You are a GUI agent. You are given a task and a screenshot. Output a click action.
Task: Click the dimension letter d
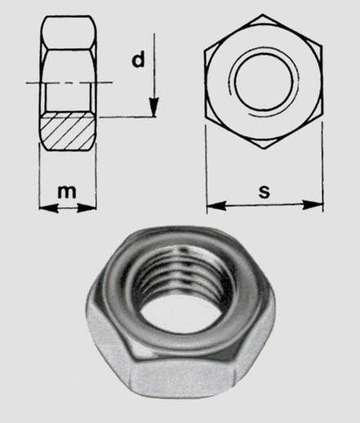138,60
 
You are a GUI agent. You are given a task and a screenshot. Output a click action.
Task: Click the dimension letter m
67,192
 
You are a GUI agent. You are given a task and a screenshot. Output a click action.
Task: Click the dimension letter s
264,191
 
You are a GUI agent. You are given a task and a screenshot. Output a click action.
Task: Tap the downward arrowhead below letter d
153,107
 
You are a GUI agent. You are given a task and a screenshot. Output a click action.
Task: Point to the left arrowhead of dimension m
48,208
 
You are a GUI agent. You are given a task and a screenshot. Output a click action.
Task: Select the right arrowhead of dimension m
87,208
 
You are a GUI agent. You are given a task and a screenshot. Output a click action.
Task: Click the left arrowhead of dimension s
216,206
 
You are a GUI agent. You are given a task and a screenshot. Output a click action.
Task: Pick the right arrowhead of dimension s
313,205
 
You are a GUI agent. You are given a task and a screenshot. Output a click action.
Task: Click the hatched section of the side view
68,131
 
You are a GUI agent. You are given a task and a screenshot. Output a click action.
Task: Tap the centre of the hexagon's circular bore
264,82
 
